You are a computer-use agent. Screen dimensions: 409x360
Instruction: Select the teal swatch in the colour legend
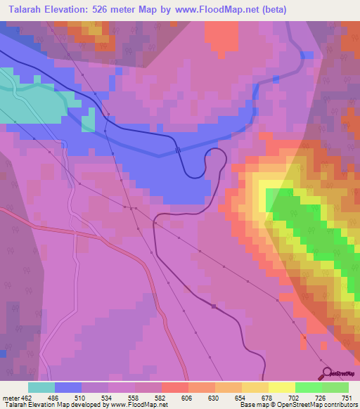tap(41, 387)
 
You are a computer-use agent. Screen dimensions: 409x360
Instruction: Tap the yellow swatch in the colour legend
tap(281, 387)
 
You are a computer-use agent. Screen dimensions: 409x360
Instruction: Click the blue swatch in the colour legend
tap(67, 387)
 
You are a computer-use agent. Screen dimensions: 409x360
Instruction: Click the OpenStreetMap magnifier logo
tap(326, 372)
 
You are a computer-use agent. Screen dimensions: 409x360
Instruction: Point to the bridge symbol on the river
tap(178, 150)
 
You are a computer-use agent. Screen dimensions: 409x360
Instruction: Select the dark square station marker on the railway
tap(214, 306)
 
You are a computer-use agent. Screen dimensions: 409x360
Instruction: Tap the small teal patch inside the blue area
tap(88, 121)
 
